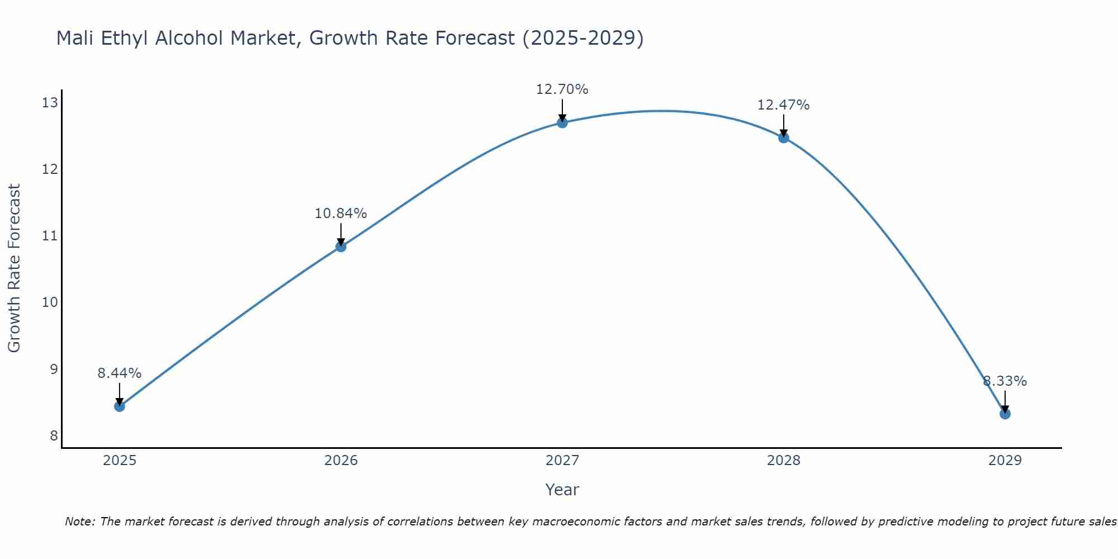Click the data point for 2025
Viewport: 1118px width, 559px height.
click(120, 406)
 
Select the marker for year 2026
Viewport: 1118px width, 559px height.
click(341, 247)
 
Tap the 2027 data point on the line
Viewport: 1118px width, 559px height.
click(562, 122)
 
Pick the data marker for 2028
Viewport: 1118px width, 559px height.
click(784, 138)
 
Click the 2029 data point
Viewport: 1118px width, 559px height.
click(1005, 414)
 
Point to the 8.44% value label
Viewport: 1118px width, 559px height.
click(120, 373)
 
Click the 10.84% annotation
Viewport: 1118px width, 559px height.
click(341, 214)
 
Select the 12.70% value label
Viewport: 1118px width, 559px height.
click(562, 89)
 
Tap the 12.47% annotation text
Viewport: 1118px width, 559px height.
click(784, 105)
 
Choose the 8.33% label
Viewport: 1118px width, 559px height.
click(1005, 381)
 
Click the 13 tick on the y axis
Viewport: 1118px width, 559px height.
click(50, 102)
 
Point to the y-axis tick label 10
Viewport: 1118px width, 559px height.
click(50, 302)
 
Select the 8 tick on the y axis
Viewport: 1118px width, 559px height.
click(54, 435)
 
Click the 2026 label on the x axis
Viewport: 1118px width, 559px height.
click(341, 461)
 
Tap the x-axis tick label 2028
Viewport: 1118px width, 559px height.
click(784, 461)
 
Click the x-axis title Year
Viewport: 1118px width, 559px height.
click(562, 490)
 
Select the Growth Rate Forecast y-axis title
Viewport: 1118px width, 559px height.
click(15, 268)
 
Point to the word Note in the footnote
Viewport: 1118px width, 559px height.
click(80, 522)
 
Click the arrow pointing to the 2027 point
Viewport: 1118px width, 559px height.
click(562, 110)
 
